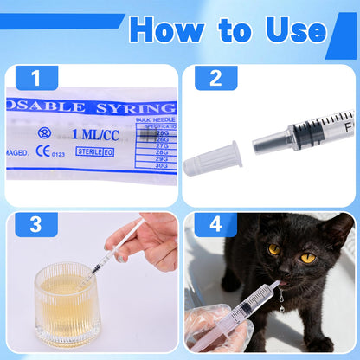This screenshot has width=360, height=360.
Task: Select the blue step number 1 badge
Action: [x=35, y=79]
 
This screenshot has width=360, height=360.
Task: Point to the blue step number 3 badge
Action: [x=35, y=226]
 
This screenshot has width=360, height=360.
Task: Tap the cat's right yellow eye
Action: [x=308, y=257]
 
